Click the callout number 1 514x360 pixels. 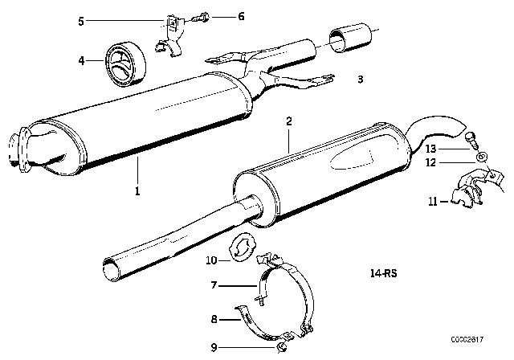[137, 191]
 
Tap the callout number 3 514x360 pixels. [361, 80]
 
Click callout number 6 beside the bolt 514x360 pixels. [218, 15]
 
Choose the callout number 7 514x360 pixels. [214, 284]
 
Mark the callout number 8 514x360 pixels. [214, 319]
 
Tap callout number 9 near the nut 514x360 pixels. [214, 346]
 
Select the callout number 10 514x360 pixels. [212, 260]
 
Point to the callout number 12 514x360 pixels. [431, 163]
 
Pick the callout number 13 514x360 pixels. [431, 149]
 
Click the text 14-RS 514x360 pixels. [385, 273]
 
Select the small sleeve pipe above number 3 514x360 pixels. [350, 39]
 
